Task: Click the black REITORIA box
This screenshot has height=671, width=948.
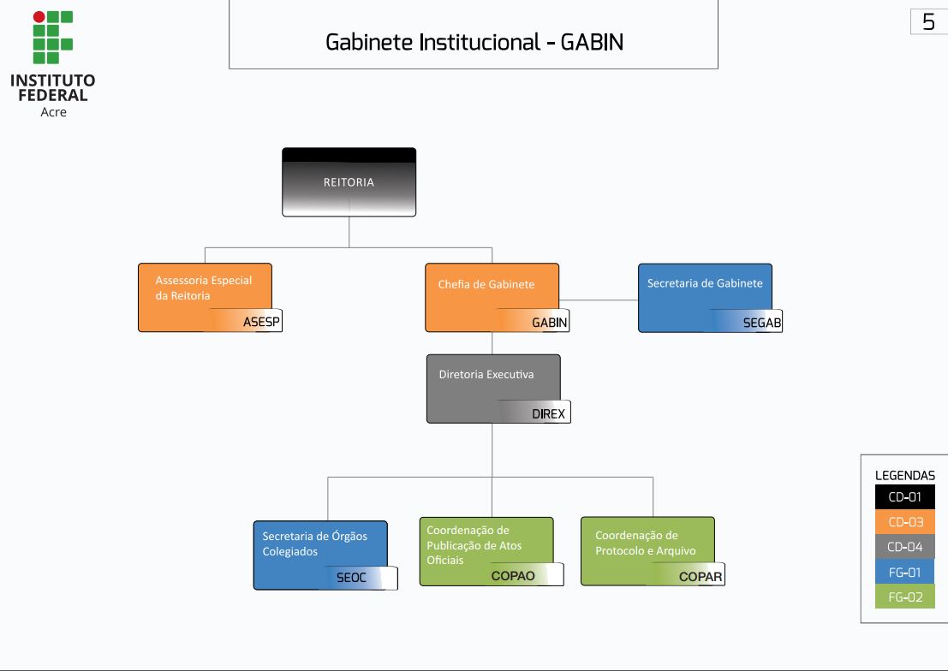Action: (x=349, y=182)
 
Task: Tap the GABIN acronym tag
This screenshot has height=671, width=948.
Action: (x=549, y=323)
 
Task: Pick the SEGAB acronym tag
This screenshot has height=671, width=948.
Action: (x=761, y=323)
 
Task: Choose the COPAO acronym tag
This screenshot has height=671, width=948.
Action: (x=513, y=576)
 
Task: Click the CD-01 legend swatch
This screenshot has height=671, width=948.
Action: (x=904, y=497)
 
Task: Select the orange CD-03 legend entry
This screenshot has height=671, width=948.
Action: (x=904, y=522)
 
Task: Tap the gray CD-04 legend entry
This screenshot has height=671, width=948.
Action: (x=904, y=547)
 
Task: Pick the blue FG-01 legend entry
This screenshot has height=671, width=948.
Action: (x=904, y=572)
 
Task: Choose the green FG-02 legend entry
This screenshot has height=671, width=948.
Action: (x=904, y=597)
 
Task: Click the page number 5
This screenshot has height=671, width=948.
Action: (x=928, y=22)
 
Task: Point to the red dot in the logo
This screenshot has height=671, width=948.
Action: (x=39, y=16)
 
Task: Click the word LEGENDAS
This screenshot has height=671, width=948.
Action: (x=904, y=475)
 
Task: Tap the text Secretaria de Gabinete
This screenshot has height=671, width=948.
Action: (x=705, y=283)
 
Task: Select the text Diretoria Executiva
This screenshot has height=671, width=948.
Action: (x=486, y=375)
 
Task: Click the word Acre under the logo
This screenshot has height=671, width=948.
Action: (x=53, y=112)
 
